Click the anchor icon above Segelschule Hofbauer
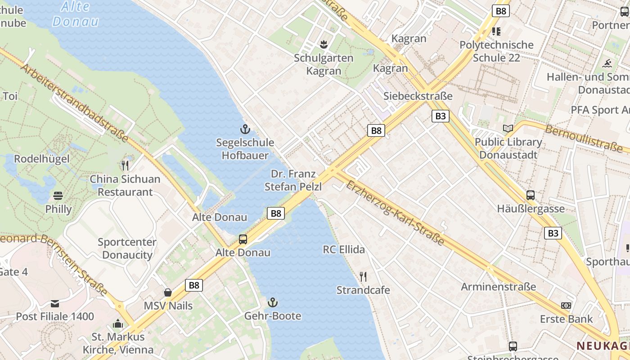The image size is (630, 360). click(245, 130)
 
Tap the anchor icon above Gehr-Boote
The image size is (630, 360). click(273, 302)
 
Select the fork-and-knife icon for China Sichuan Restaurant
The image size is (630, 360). click(125, 166)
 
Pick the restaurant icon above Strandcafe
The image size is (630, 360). click(363, 276)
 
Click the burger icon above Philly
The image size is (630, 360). click(58, 196)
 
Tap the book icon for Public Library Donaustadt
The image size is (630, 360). click(508, 129)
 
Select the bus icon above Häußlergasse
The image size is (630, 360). click(531, 195)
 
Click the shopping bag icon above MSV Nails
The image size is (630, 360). click(168, 292)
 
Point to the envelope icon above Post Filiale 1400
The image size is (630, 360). click(55, 304)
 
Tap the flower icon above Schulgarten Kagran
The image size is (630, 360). click(323, 44)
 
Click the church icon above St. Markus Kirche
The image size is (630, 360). click(118, 324)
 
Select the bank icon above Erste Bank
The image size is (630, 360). click(566, 306)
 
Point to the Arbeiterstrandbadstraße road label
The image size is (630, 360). click(74, 103)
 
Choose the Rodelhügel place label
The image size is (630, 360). click(42, 159)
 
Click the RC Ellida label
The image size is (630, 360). click(344, 249)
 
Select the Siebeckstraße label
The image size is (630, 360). click(418, 96)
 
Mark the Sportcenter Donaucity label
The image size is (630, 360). click(127, 248)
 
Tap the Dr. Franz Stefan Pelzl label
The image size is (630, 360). click(293, 180)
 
